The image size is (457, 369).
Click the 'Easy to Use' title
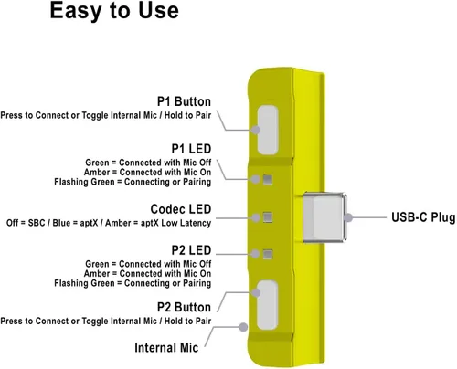(114, 11)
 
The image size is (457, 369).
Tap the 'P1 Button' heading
(184, 101)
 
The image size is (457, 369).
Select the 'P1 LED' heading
(191, 149)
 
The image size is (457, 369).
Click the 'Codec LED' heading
(181, 209)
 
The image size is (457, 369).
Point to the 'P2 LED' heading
(191, 250)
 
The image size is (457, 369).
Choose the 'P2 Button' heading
(184, 307)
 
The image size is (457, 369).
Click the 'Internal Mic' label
(166, 348)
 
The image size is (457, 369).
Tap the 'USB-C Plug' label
(423, 217)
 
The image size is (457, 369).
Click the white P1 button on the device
(268, 130)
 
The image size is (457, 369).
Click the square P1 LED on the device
(268, 180)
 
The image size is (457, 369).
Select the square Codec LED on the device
(268, 217)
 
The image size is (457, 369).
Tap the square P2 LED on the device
(268, 254)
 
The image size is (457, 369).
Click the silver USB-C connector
(324, 217)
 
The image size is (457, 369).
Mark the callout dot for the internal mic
(243, 327)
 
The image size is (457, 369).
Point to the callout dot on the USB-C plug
(348, 217)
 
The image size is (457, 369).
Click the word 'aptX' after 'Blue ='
(89, 223)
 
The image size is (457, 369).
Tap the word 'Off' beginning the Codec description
(13, 223)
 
